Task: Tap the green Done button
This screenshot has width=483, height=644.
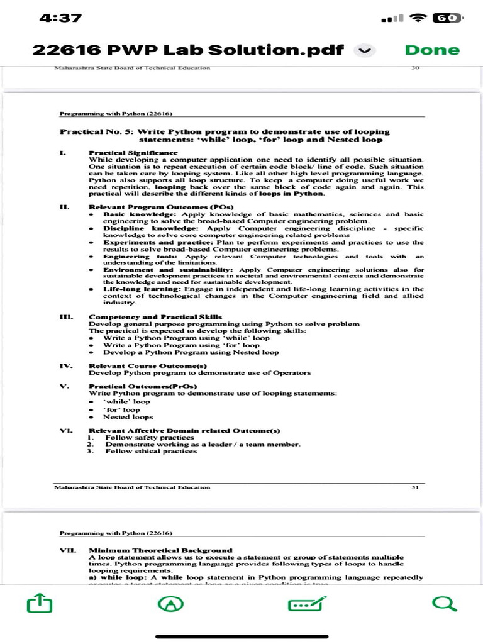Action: point(432,50)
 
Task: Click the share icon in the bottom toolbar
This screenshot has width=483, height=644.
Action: point(40,604)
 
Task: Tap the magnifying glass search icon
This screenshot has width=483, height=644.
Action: point(444,604)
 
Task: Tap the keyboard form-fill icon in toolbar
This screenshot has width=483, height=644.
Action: point(307,604)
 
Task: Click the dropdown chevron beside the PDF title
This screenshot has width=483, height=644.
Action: point(365,50)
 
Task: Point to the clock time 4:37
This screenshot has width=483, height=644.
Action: point(60,18)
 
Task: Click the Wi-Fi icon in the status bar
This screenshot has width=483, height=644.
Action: point(418,18)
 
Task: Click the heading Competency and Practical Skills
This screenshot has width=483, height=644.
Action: point(155,316)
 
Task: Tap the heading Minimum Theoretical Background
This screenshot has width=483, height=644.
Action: point(160,550)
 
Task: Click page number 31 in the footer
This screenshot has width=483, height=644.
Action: point(415,487)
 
